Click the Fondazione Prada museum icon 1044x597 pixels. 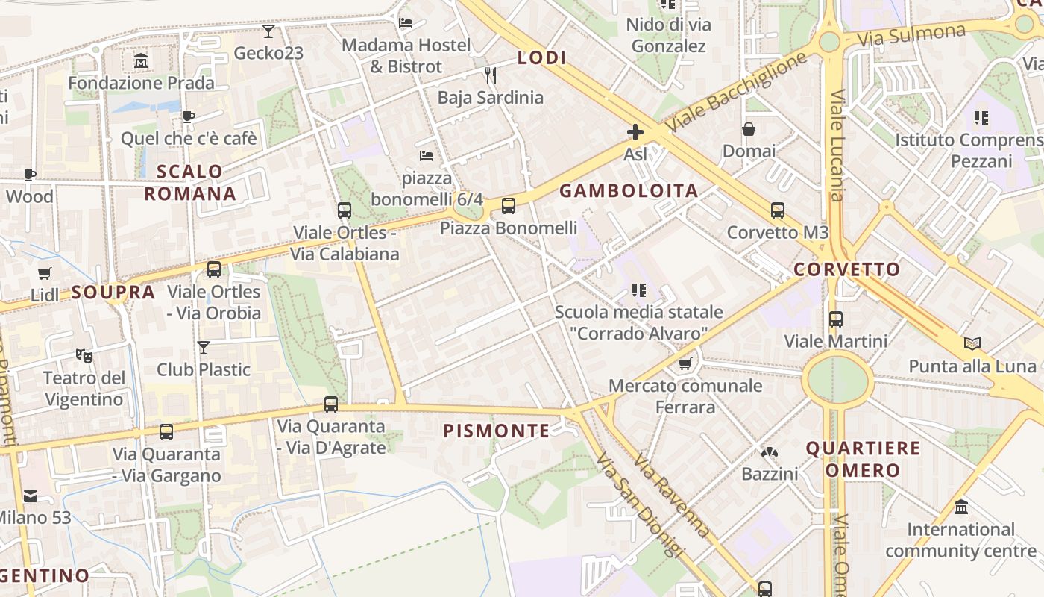(x=141, y=60)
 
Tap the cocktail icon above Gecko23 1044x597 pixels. (x=268, y=31)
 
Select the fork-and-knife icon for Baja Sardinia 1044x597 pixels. (x=490, y=75)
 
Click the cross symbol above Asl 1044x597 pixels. (x=635, y=133)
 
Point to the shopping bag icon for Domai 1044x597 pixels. (x=749, y=129)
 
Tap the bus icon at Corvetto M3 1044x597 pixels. (x=778, y=210)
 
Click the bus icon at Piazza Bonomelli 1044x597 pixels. (x=509, y=206)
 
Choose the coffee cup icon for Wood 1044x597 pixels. (x=30, y=175)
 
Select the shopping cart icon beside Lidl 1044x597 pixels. (x=45, y=274)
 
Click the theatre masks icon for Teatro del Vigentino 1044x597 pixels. (x=84, y=356)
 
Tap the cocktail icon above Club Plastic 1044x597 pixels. (x=203, y=348)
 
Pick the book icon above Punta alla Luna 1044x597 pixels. (x=972, y=344)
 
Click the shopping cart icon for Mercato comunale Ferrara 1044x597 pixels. (x=685, y=364)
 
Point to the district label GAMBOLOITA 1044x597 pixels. (x=629, y=191)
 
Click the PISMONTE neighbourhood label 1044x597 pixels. (x=497, y=431)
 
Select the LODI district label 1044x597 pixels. (x=542, y=57)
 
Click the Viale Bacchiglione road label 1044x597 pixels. (x=737, y=93)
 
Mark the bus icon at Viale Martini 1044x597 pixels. (x=835, y=319)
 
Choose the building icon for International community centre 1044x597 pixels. (x=961, y=507)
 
